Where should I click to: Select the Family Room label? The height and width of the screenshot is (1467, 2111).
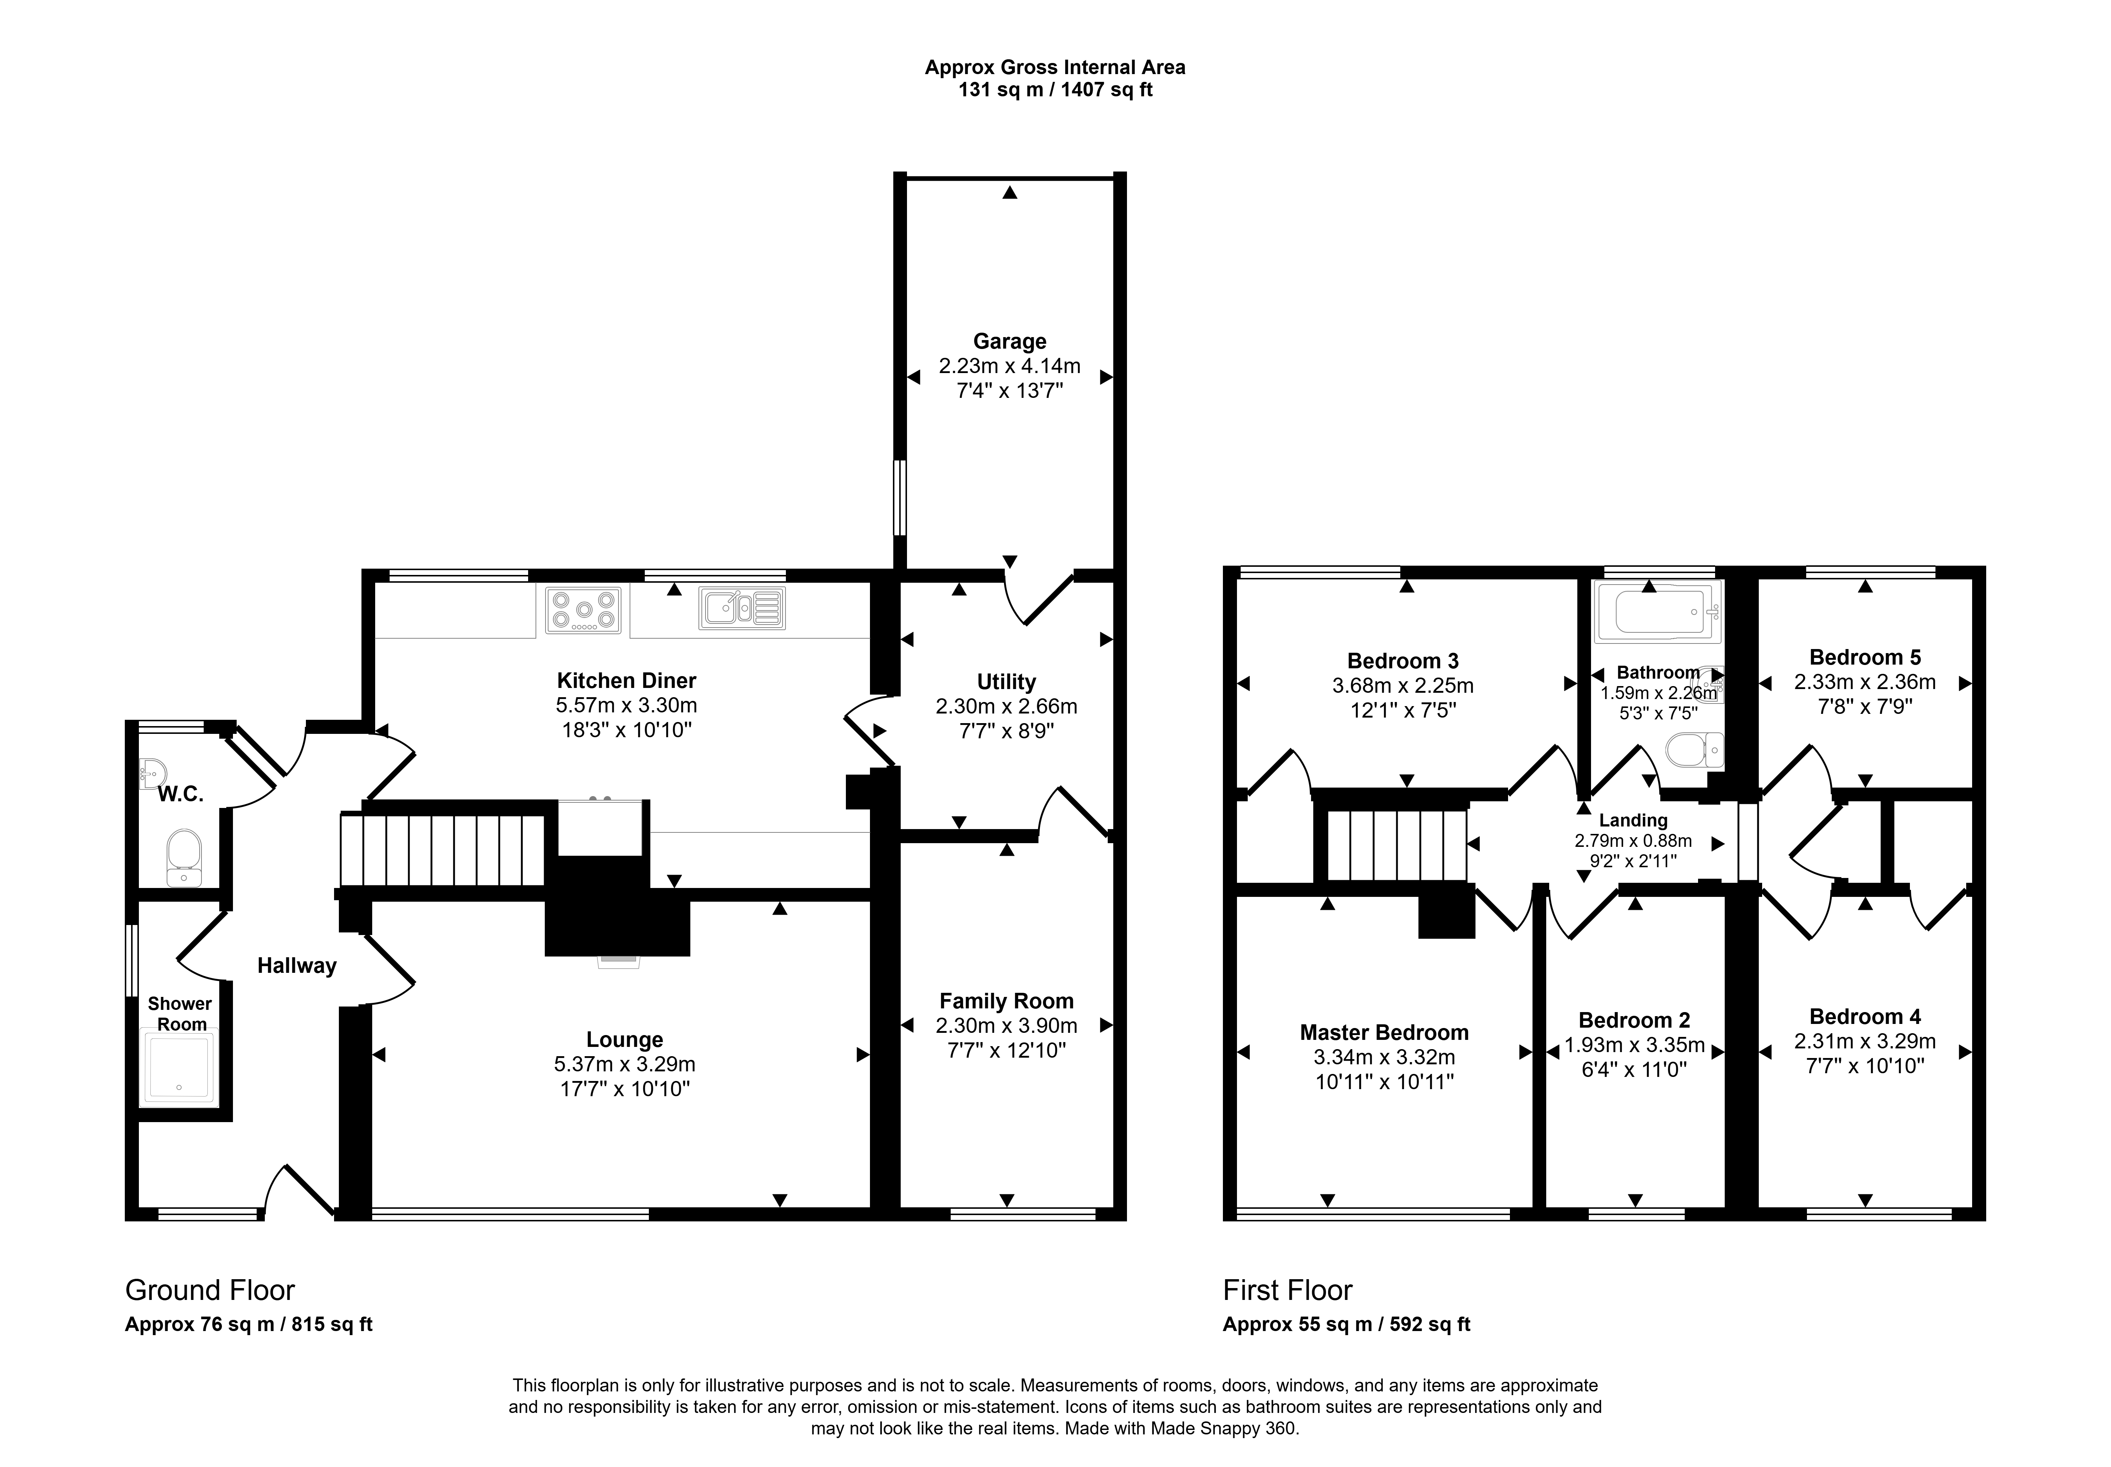(x=1006, y=1001)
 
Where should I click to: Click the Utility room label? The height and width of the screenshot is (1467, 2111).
(x=1006, y=682)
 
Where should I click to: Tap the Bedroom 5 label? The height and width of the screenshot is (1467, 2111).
(x=1865, y=657)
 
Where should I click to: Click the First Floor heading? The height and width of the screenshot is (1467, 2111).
(x=1288, y=1291)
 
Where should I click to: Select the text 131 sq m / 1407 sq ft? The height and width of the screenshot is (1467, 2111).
(x=1055, y=90)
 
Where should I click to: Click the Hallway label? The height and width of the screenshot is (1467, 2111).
(x=297, y=965)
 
